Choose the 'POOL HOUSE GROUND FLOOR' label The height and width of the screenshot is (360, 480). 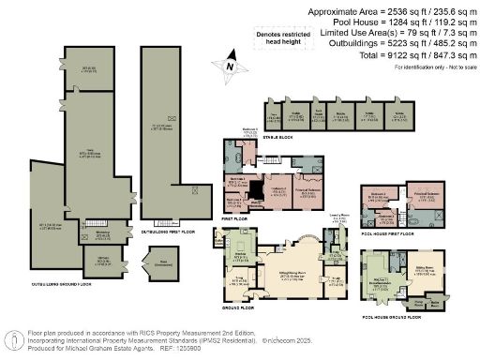click(x=398, y=317)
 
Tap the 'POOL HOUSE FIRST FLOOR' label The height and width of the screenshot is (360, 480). click(x=395, y=237)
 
